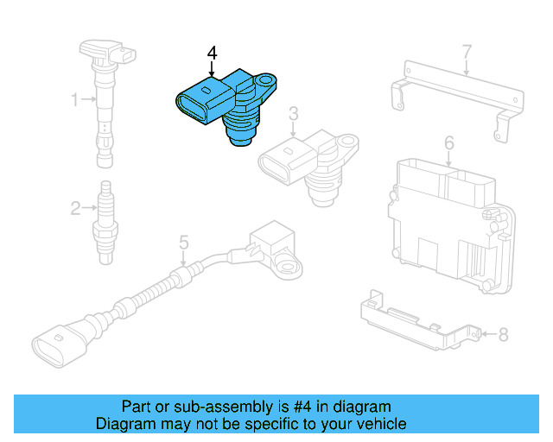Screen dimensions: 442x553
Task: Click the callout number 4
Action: [x=213, y=54]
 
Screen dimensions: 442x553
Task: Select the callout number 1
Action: [x=75, y=100]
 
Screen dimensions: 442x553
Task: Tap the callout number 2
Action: [x=75, y=207]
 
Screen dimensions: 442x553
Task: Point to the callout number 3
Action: [x=293, y=113]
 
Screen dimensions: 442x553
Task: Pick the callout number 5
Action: [x=183, y=243]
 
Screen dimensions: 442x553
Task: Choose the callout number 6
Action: [x=449, y=142]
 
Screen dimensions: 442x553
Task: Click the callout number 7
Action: [x=467, y=52]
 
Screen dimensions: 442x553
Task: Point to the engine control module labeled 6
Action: [x=445, y=216]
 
